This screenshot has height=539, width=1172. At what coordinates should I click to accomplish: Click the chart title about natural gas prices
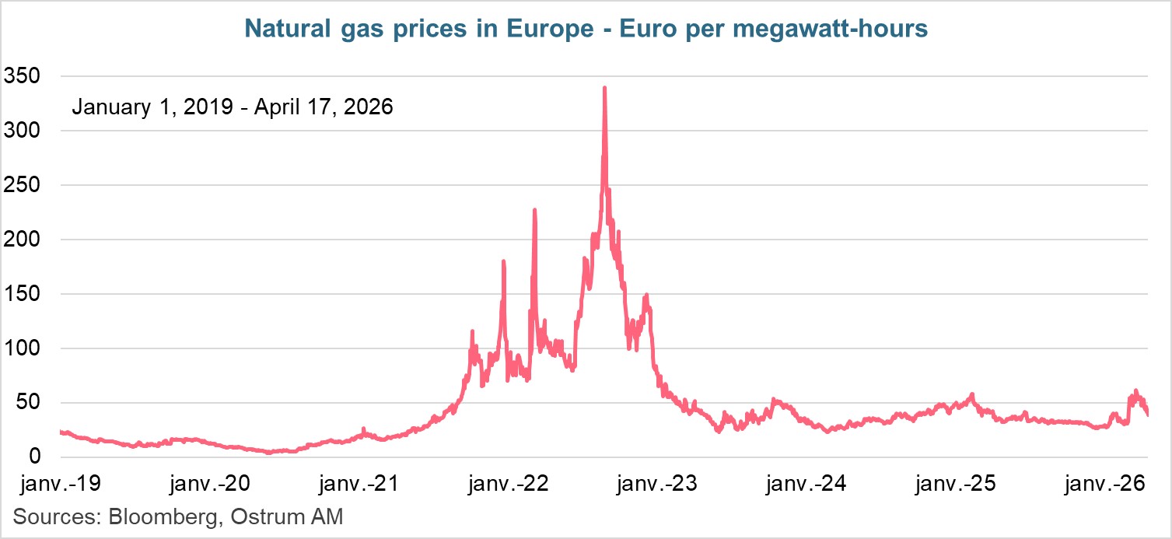click(586, 29)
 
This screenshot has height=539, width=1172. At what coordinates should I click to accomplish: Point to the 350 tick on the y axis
click(22, 76)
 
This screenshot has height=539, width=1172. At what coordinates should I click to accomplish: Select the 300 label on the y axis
click(22, 131)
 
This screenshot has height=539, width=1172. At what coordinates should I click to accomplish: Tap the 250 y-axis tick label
click(22, 185)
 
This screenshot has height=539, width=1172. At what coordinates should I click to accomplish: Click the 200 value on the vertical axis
click(22, 240)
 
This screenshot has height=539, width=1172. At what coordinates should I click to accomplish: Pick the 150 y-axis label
click(22, 294)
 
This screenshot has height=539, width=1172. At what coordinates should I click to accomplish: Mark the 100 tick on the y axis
click(22, 348)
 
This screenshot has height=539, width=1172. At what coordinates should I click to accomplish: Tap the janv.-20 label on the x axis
click(209, 485)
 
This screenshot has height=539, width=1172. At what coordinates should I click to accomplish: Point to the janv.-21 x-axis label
click(359, 485)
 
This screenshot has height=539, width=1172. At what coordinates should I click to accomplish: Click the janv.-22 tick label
click(509, 485)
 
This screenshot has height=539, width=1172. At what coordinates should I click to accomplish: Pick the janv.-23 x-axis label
click(658, 485)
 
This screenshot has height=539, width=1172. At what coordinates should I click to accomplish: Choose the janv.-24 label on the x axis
click(807, 485)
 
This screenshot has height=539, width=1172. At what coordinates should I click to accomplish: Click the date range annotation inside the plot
click(232, 107)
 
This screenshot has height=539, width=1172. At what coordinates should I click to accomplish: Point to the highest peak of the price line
click(604, 88)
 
